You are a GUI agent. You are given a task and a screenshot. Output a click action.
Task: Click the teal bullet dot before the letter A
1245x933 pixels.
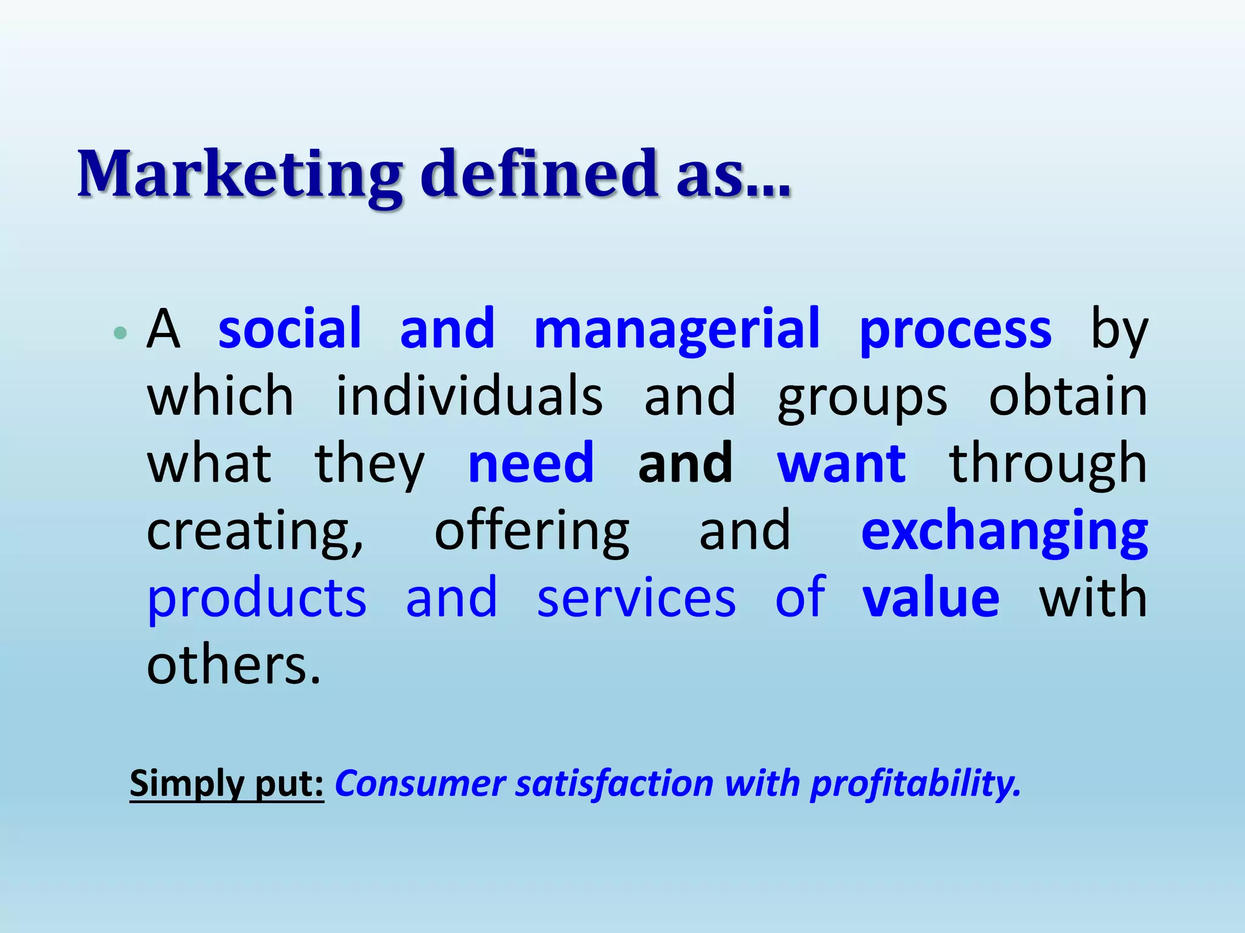click(120, 332)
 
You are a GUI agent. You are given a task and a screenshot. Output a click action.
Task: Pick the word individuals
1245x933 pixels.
click(469, 396)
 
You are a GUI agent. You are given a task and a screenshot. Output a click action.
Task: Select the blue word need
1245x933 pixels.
click(531, 463)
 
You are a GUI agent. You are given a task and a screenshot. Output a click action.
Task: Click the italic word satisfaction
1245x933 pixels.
click(615, 784)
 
